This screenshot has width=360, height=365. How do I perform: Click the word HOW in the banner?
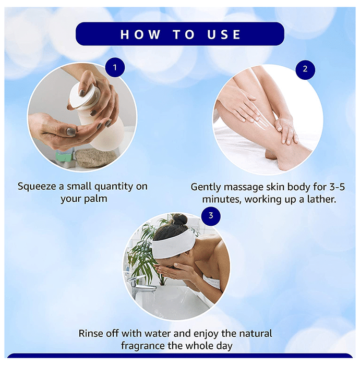[140, 34]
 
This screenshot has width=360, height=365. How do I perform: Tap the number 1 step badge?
[115, 67]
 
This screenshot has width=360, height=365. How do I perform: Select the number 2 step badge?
[305, 69]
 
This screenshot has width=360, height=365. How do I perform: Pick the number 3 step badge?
[211, 216]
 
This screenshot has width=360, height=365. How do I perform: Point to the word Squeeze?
[37, 187]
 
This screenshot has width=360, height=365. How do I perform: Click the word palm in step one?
[95, 199]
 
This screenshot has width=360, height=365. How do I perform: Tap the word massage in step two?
[244, 187]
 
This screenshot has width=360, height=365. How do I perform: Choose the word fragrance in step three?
[143, 346]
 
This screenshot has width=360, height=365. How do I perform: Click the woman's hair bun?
[179, 220]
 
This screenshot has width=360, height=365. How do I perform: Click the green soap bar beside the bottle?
[65, 155]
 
